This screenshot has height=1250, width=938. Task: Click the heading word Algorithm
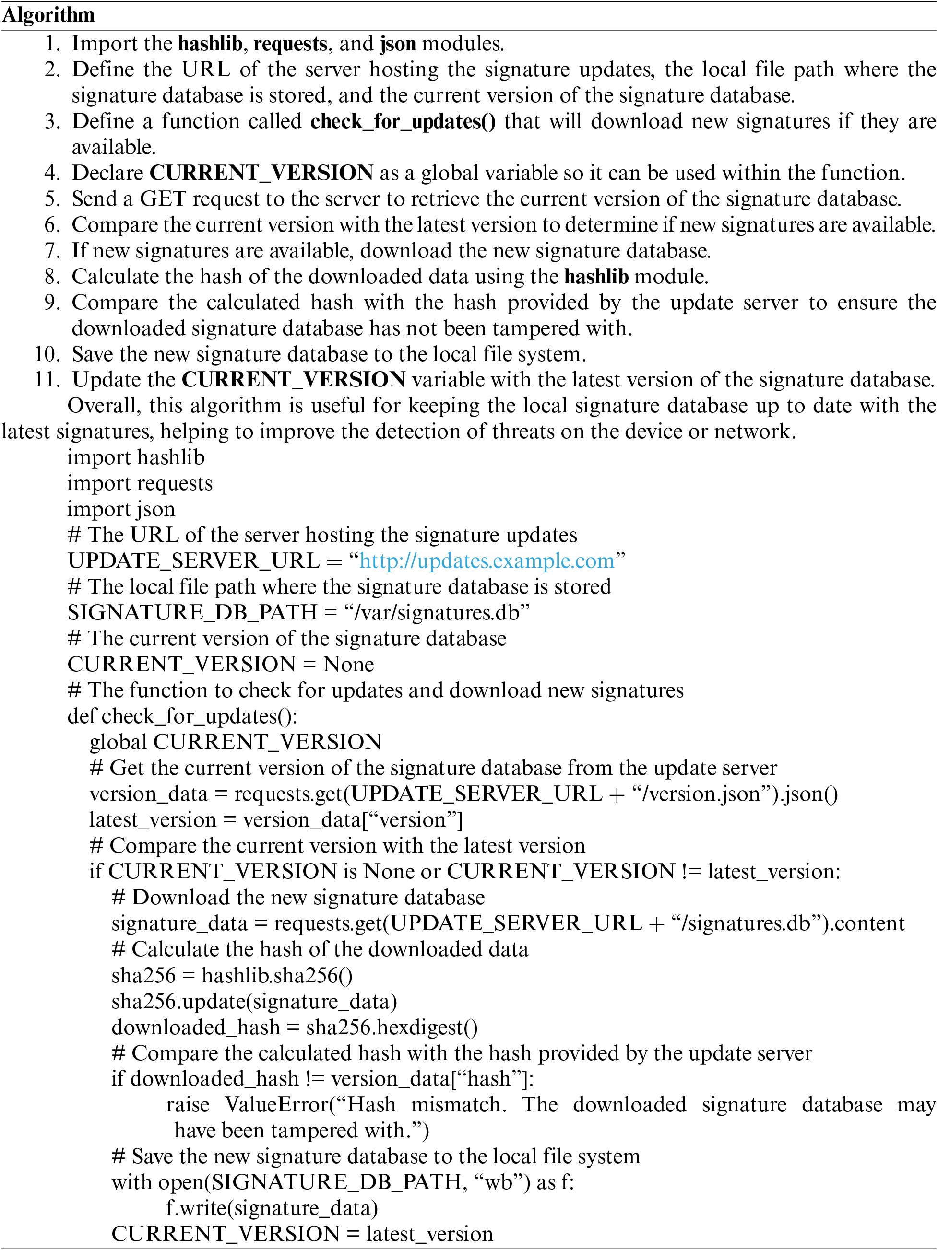click(48, 15)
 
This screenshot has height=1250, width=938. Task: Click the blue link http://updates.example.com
click(487, 561)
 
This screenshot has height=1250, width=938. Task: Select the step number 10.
click(47, 354)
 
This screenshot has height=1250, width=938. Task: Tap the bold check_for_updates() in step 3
click(403, 121)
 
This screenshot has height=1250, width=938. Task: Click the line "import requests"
click(140, 483)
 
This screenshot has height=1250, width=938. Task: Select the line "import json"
click(121, 509)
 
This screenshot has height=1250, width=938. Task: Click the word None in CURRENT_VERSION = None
click(348, 664)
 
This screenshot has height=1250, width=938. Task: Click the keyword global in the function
click(118, 742)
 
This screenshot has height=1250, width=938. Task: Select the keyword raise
click(188, 1105)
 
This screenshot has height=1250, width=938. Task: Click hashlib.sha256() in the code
click(277, 975)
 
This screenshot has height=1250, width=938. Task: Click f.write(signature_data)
click(272, 1208)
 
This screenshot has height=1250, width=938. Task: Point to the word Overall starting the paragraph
click(104, 406)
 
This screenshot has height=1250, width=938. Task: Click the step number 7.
click(52, 251)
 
